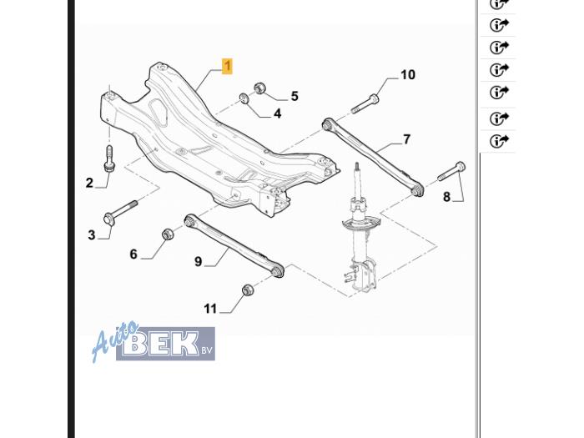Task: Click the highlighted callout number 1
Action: tap(227, 66)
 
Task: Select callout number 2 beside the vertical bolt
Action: tap(89, 183)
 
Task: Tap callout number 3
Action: tap(92, 235)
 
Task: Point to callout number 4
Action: tap(278, 113)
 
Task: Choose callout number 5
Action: tap(295, 96)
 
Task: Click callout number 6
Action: tap(133, 254)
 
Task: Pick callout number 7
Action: tap(406, 139)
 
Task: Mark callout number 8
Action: tap(446, 197)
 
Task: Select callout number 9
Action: tap(199, 261)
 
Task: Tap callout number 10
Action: tap(408, 75)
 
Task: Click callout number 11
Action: tap(210, 309)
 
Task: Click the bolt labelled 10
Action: tap(365, 103)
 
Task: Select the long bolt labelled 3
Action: tap(120, 212)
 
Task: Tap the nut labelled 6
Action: tap(168, 234)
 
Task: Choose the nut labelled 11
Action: tap(248, 289)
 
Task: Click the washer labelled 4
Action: tap(244, 99)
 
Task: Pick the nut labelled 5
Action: tap(259, 88)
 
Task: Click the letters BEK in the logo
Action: tap(160, 343)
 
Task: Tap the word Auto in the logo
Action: tap(115, 340)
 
